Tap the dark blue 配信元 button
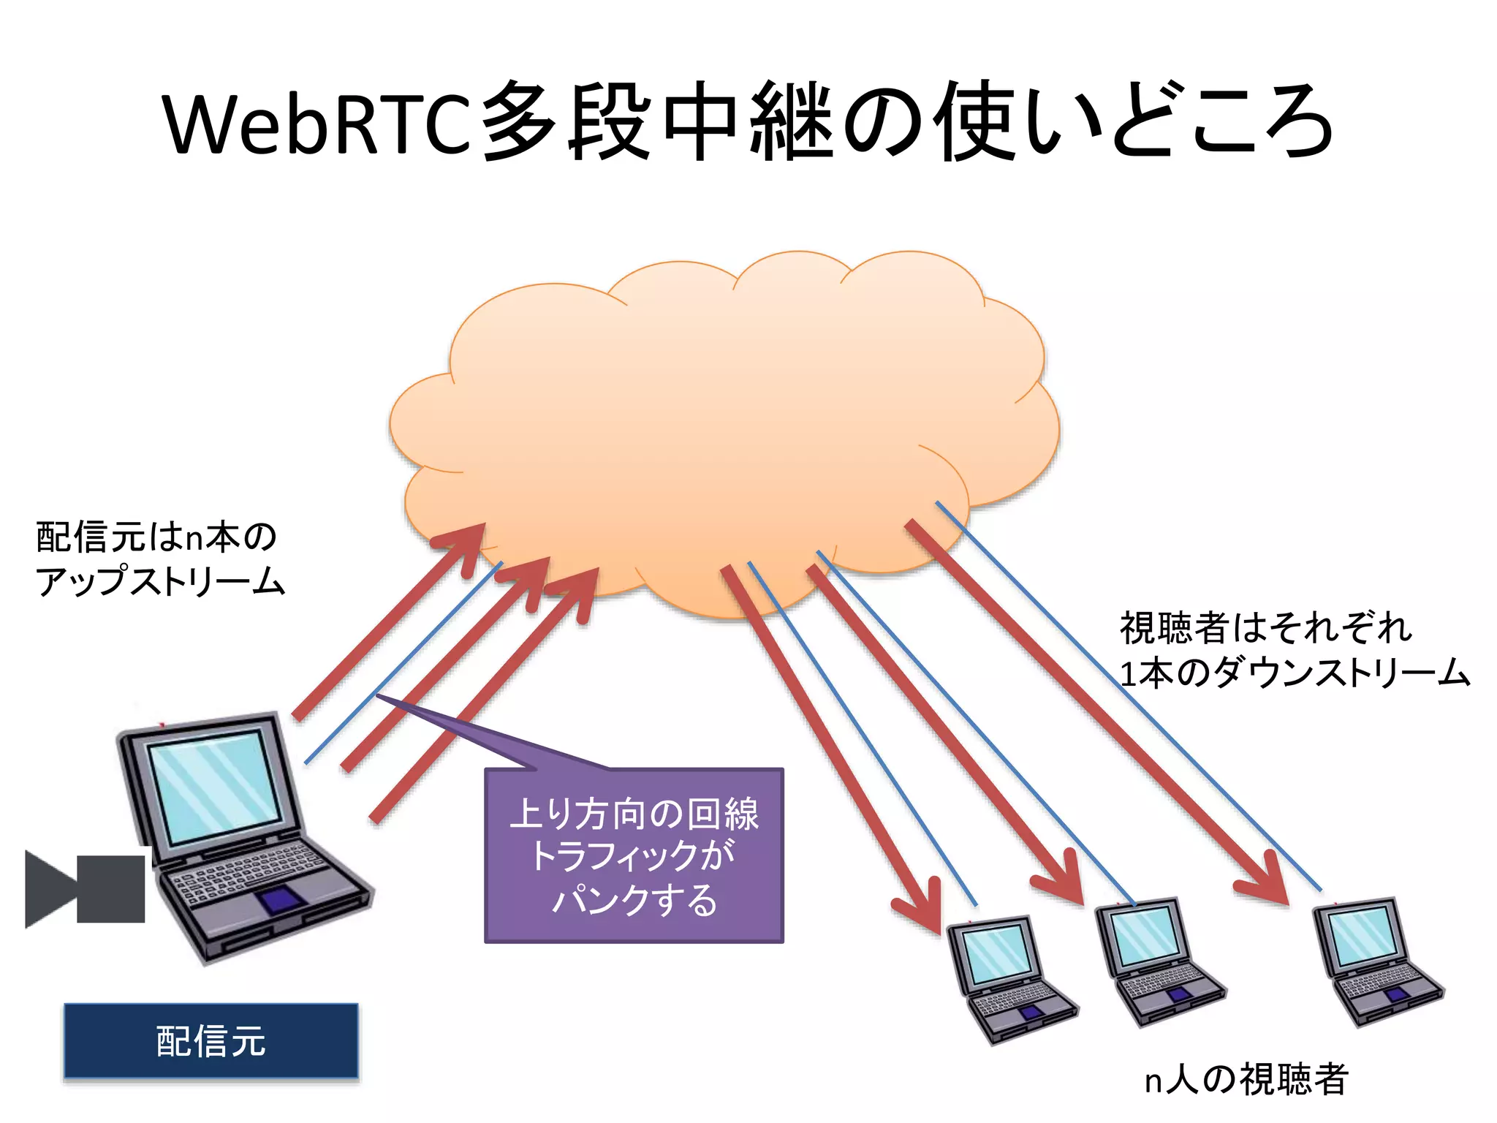[211, 1041]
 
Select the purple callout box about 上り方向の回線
[634, 855]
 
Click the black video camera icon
[85, 888]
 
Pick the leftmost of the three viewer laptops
[1009, 980]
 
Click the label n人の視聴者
[1246, 1079]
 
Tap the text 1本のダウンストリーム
[1294, 673]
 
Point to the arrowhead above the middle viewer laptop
[1064, 881]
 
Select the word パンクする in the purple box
[634, 899]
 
